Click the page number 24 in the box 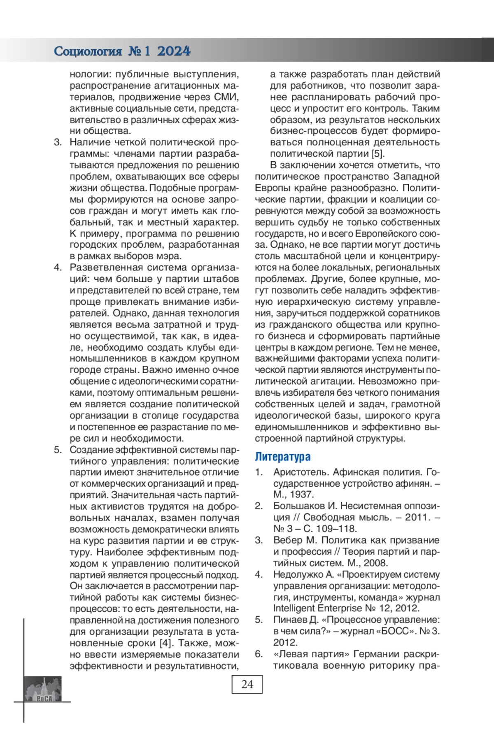247,684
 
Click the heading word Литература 282,457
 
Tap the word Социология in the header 88,51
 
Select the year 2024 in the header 174,51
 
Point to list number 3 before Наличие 58,142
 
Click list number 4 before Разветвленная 58,267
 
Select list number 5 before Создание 58,450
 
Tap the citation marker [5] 377,154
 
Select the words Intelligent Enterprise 317,608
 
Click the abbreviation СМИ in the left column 226,97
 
